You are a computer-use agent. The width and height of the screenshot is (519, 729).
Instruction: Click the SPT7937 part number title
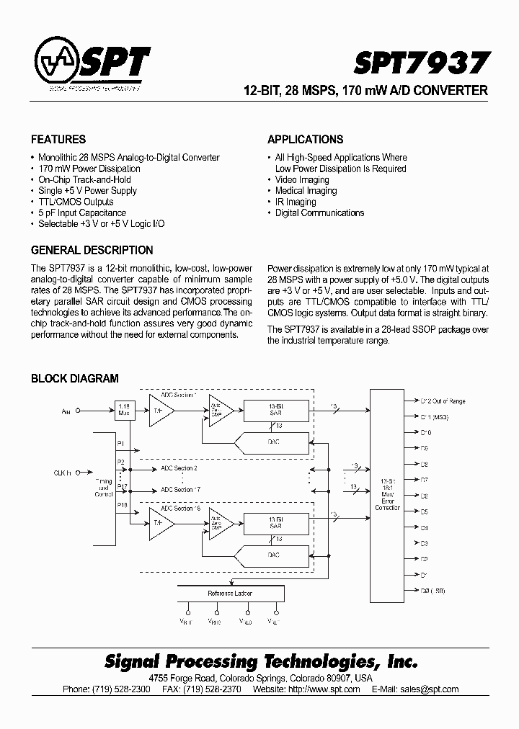coord(421,63)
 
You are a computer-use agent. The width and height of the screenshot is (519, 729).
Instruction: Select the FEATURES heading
coord(58,140)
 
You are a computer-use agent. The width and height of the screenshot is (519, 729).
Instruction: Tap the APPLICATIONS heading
coord(305,140)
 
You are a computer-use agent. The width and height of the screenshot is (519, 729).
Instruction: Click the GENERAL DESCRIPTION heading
coord(92,251)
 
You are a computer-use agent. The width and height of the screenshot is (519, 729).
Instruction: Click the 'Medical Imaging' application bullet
coord(306,191)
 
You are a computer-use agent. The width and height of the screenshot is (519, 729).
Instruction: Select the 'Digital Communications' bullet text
coord(319,213)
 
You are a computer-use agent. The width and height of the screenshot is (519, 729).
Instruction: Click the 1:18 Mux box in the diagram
coord(125,411)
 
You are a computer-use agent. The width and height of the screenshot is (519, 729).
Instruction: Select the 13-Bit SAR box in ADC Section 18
coord(276,522)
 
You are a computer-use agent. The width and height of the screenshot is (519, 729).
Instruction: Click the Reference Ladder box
coord(229,594)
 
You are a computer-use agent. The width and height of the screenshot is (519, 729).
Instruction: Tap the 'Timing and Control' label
coord(103,488)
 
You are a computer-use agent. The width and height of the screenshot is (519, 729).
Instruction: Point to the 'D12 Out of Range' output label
coord(443,401)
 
